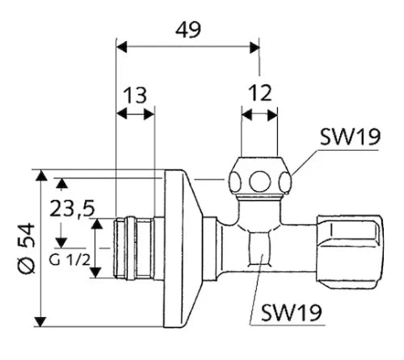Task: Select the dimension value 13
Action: click(135, 95)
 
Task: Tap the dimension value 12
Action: click(260, 93)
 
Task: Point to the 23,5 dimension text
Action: click(72, 209)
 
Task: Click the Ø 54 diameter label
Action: click(27, 248)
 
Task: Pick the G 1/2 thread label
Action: click(69, 260)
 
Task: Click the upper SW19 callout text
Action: click(350, 136)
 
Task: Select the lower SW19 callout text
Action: click(292, 312)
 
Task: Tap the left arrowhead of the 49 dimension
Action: click(121, 48)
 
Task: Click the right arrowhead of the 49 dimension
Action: click(255, 48)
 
